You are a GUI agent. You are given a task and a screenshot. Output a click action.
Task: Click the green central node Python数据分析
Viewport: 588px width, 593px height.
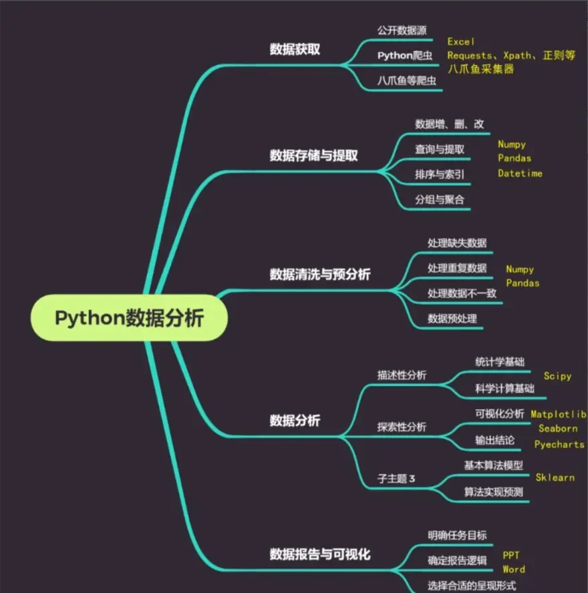(129, 318)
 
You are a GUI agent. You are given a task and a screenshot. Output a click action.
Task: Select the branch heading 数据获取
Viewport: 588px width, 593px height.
(295, 49)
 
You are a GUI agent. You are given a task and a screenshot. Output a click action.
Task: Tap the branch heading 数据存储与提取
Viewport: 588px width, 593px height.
(313, 155)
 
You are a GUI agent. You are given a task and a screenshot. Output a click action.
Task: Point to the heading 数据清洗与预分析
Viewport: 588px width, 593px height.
(319, 274)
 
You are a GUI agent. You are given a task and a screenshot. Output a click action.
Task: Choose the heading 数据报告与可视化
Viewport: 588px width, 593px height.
(319, 554)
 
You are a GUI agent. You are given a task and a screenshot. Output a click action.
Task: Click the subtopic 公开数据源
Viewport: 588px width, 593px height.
(402, 30)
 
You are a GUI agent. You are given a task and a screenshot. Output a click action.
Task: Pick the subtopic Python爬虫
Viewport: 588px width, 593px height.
(405, 55)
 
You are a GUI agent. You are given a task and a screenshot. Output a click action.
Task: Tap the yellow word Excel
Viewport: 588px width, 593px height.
(461, 41)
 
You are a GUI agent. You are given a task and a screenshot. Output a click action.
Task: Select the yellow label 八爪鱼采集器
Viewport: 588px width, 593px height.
(480, 69)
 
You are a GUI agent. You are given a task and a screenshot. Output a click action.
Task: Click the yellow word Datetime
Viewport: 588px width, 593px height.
(520, 173)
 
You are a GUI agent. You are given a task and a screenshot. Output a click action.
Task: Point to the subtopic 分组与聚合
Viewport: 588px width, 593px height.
(440, 199)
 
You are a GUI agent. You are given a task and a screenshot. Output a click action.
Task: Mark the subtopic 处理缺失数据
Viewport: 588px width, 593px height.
(457, 243)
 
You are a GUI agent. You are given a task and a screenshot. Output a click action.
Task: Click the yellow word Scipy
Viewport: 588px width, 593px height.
(557, 376)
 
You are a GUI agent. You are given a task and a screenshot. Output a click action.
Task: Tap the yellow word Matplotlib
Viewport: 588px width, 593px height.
(559, 414)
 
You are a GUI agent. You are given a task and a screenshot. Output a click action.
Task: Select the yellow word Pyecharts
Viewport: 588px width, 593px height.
(559, 444)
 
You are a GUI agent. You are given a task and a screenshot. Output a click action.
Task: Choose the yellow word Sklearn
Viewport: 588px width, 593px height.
(555, 477)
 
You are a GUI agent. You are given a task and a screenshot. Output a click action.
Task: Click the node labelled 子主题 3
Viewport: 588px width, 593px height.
(397, 478)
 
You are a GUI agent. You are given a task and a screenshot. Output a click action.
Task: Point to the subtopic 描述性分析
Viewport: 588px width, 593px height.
(402, 375)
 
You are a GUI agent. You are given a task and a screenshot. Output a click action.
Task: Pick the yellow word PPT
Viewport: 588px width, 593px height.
(511, 555)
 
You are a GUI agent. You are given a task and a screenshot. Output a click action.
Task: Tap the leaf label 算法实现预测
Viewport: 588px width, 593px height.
(493, 492)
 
